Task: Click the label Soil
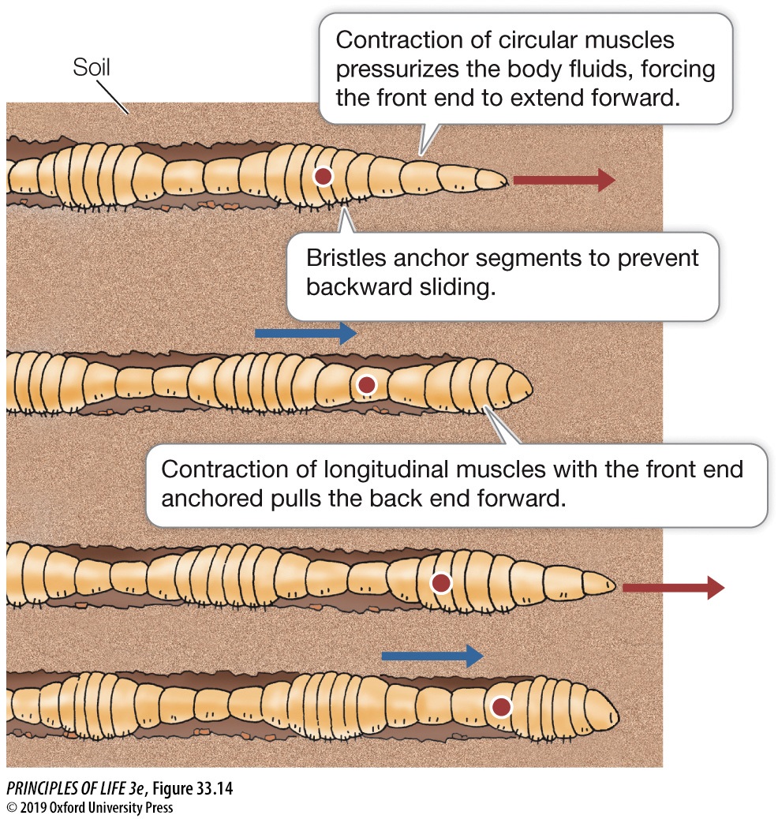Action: [x=92, y=68]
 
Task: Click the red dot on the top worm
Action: [x=322, y=176]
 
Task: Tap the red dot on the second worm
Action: [x=366, y=385]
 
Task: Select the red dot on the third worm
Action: [x=441, y=583]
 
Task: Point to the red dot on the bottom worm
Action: [x=501, y=707]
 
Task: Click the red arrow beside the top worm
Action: [x=563, y=180]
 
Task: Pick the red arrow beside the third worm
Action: [x=672, y=587]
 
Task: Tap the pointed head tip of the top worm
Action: [x=502, y=181]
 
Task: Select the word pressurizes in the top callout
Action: [x=403, y=69]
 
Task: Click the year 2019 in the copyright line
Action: [x=32, y=807]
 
